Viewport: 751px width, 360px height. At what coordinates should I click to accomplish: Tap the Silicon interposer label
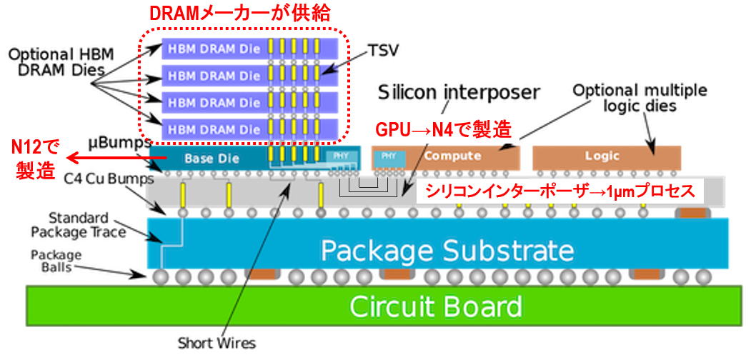pyautogui.click(x=458, y=93)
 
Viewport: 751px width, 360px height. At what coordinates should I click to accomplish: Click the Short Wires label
pyautogui.click(x=216, y=343)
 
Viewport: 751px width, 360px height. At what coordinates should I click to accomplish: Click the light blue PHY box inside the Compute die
pyautogui.click(x=389, y=156)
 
